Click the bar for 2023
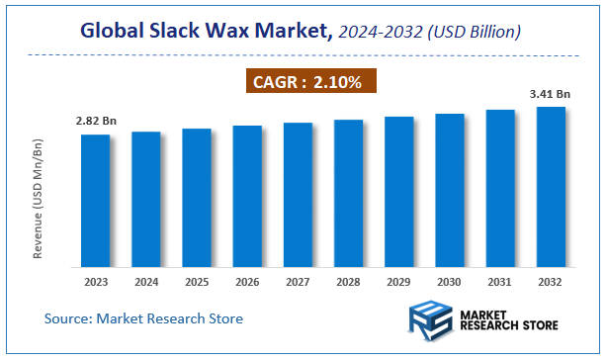(x=96, y=200)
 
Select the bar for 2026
(x=247, y=196)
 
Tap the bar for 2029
(x=398, y=191)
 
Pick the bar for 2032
(x=551, y=186)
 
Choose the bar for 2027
(x=298, y=194)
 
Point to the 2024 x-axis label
(x=146, y=281)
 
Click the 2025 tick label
(x=197, y=281)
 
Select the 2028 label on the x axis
(x=348, y=281)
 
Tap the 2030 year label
(x=450, y=281)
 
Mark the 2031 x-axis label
(x=500, y=281)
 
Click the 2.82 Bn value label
(x=95, y=122)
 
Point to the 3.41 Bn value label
(x=551, y=94)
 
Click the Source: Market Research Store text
(x=143, y=318)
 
